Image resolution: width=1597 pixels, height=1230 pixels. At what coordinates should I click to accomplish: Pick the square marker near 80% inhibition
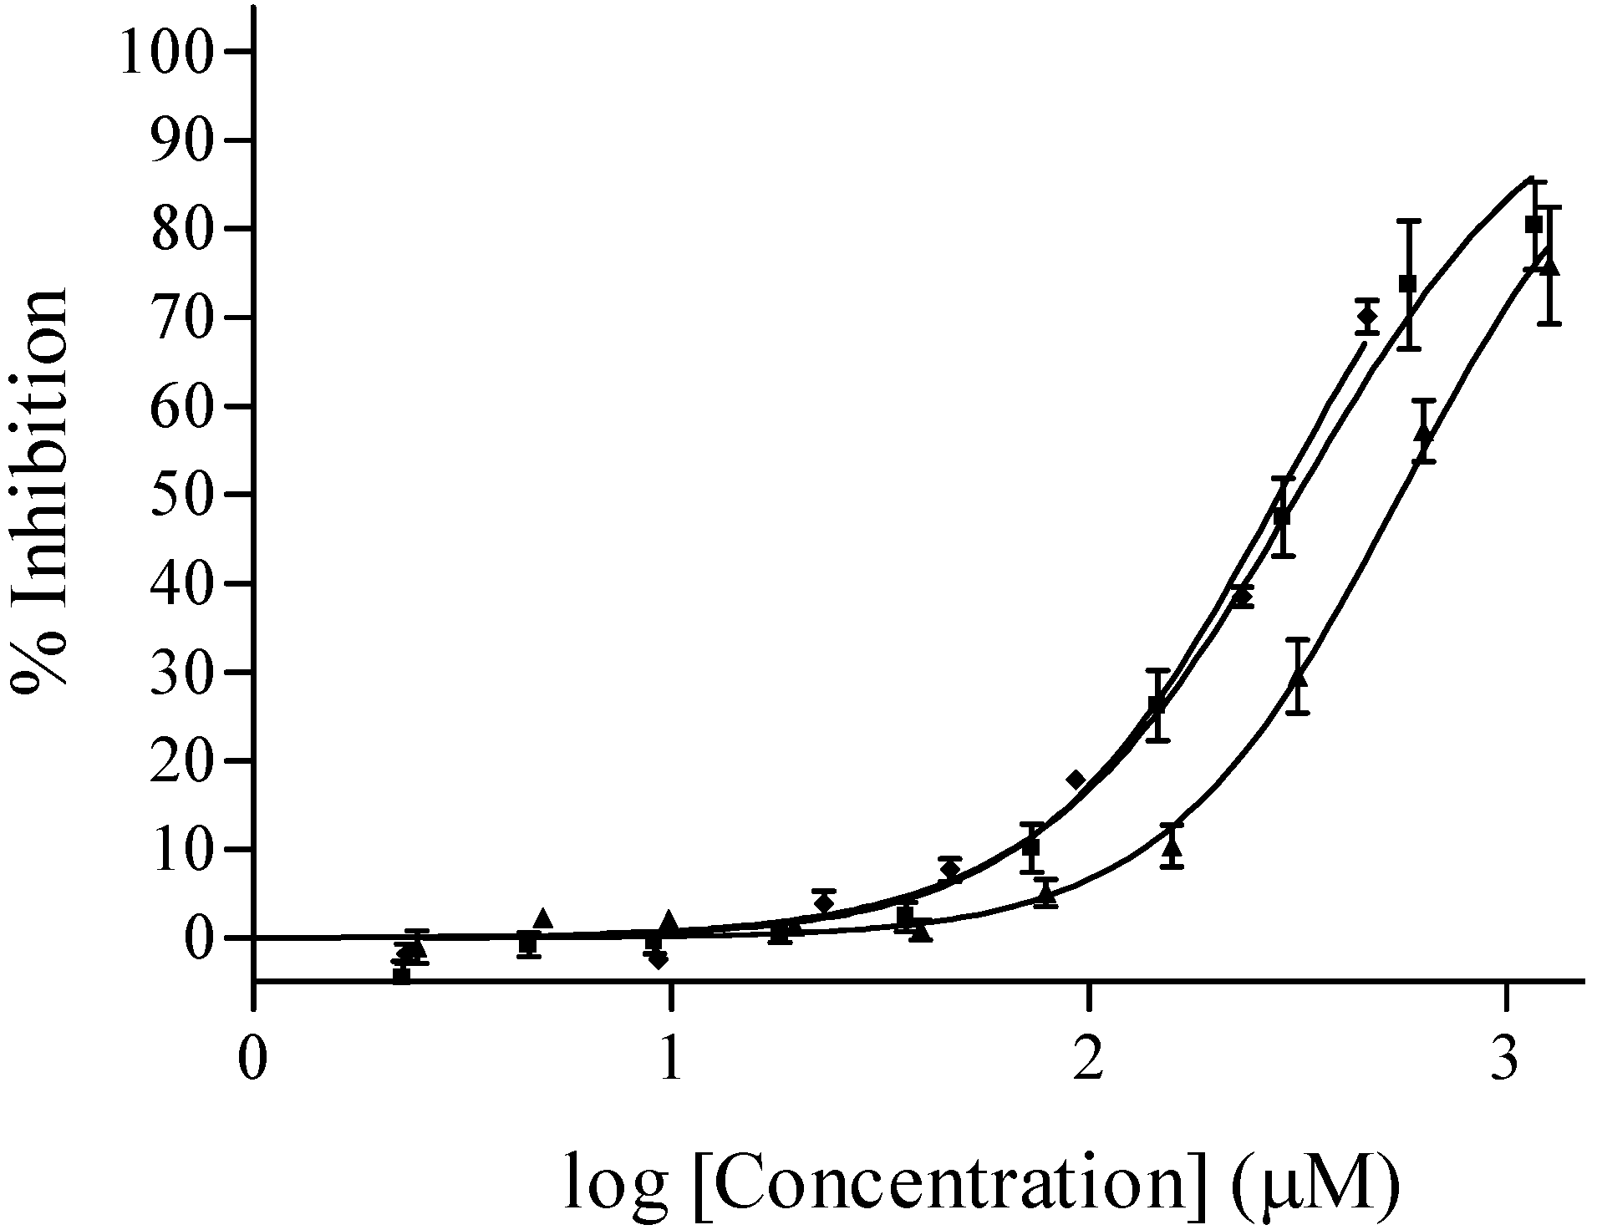[1533, 225]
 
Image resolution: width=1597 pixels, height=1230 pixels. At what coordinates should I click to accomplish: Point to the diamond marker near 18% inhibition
[1076, 780]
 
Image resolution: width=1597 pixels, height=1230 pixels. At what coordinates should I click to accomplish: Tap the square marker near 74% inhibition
[1408, 284]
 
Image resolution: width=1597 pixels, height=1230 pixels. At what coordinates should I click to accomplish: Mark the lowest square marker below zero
[402, 975]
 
